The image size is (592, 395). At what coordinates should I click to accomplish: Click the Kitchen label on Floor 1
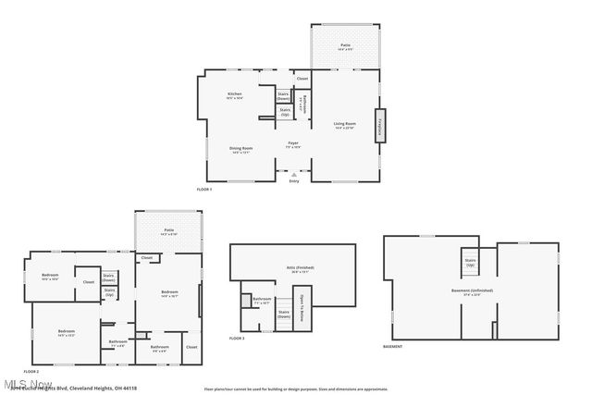coord(235,95)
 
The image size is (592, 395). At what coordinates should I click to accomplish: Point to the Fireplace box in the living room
coord(378,125)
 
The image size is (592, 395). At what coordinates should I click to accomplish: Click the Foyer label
coord(292,144)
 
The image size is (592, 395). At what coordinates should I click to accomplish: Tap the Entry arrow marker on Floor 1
coord(294,174)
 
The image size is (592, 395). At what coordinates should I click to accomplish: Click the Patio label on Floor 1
coord(345,45)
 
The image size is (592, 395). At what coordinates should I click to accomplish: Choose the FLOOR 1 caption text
coord(204,190)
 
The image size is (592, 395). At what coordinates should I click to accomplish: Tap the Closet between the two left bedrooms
coord(89,282)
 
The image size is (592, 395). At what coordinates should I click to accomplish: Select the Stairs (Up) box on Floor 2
coord(110,292)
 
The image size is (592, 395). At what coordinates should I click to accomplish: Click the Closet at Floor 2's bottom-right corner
coord(191,347)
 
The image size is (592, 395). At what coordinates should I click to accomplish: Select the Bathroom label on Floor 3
coord(263,299)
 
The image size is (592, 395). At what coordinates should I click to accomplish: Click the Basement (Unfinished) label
coord(472,290)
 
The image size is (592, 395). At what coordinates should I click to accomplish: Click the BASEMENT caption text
coord(392,347)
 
